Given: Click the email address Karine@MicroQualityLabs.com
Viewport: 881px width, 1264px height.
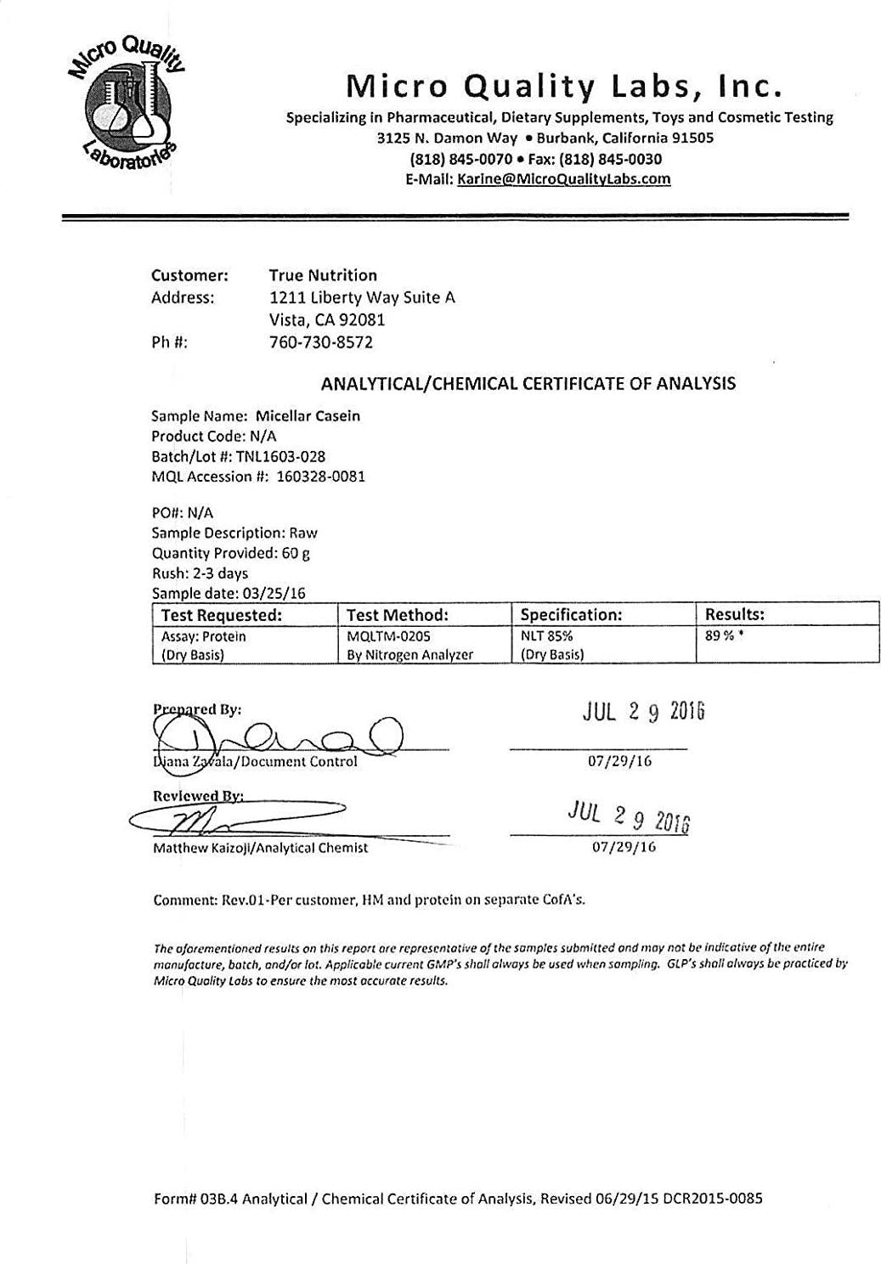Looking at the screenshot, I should [563, 179].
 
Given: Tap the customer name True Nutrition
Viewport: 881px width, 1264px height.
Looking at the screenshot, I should [323, 275].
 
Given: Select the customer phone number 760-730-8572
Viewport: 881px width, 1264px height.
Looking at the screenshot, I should [320, 342].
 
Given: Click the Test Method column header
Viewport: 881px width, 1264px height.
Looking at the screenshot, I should [398, 614].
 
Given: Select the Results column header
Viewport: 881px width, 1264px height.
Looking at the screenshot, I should [735, 613].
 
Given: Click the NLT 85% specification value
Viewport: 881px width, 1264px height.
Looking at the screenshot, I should [546, 636].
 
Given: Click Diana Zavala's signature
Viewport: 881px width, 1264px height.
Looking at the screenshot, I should [272, 733].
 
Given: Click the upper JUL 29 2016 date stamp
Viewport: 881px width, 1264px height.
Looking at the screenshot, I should [643, 712].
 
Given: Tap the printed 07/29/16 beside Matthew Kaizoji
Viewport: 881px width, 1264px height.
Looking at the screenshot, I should [624, 847].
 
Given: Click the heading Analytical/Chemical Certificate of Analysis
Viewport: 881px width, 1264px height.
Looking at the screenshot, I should [528, 384].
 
